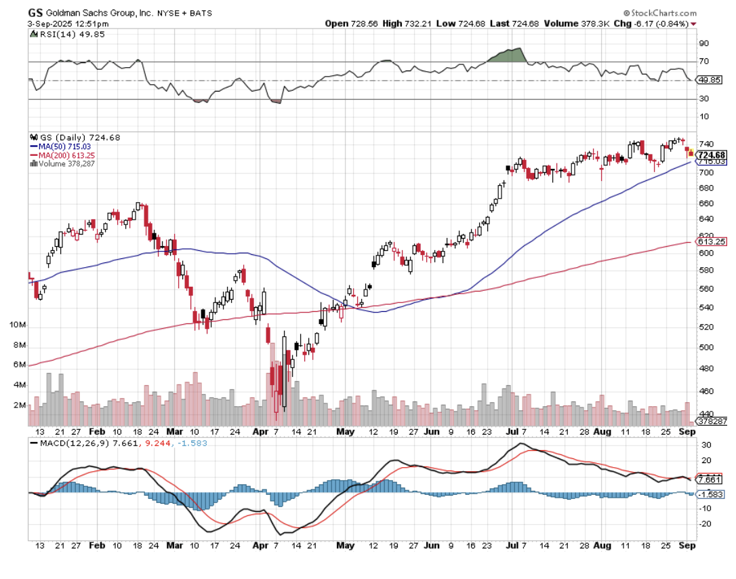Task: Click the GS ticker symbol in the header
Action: coord(36,12)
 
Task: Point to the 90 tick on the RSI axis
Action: coord(703,43)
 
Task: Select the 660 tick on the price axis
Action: coord(706,203)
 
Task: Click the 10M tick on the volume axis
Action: coord(18,325)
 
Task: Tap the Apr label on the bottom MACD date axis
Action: coord(260,545)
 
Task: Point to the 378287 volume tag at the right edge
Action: coord(712,421)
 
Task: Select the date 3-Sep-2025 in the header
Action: coord(52,24)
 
